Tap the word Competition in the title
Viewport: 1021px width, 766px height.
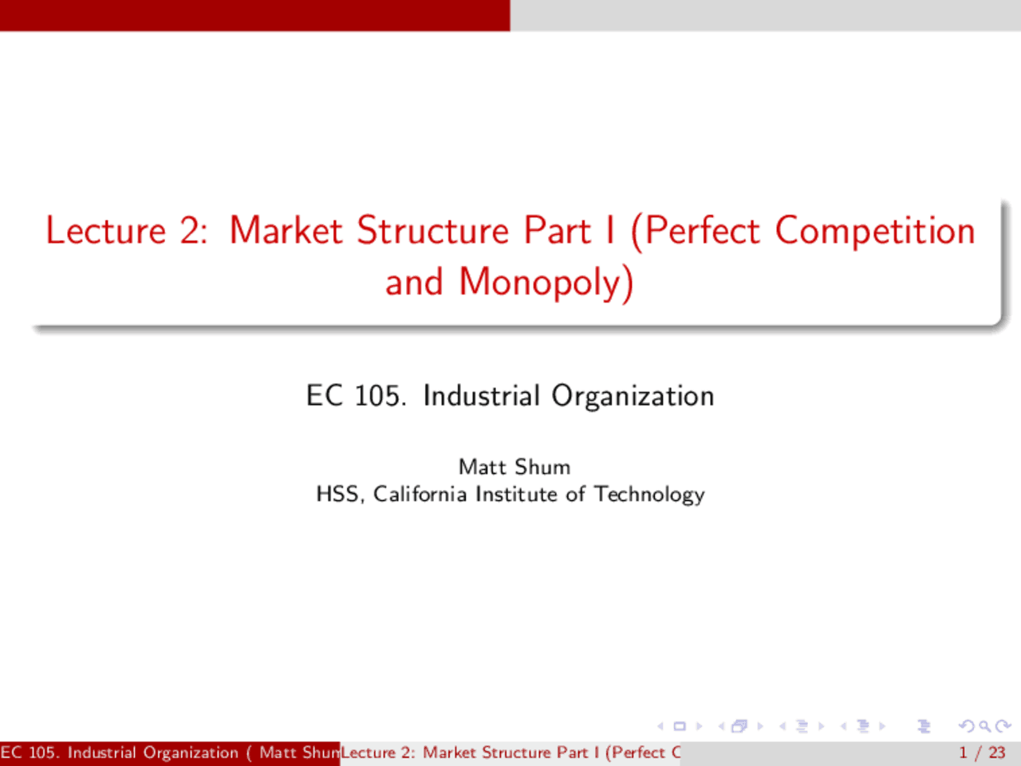875,231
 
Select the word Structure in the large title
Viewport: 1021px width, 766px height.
432,231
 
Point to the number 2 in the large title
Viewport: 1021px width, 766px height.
191,231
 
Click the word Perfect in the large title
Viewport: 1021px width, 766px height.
702,231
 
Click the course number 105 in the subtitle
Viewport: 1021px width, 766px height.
378,396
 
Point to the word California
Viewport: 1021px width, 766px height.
420,495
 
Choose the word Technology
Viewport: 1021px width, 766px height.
649,495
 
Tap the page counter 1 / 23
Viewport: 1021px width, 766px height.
982,752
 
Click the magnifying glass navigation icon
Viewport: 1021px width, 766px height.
985,726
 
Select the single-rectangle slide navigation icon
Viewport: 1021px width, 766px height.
680,726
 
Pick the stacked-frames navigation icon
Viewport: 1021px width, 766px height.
739,726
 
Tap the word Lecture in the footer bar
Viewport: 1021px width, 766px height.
368,752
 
